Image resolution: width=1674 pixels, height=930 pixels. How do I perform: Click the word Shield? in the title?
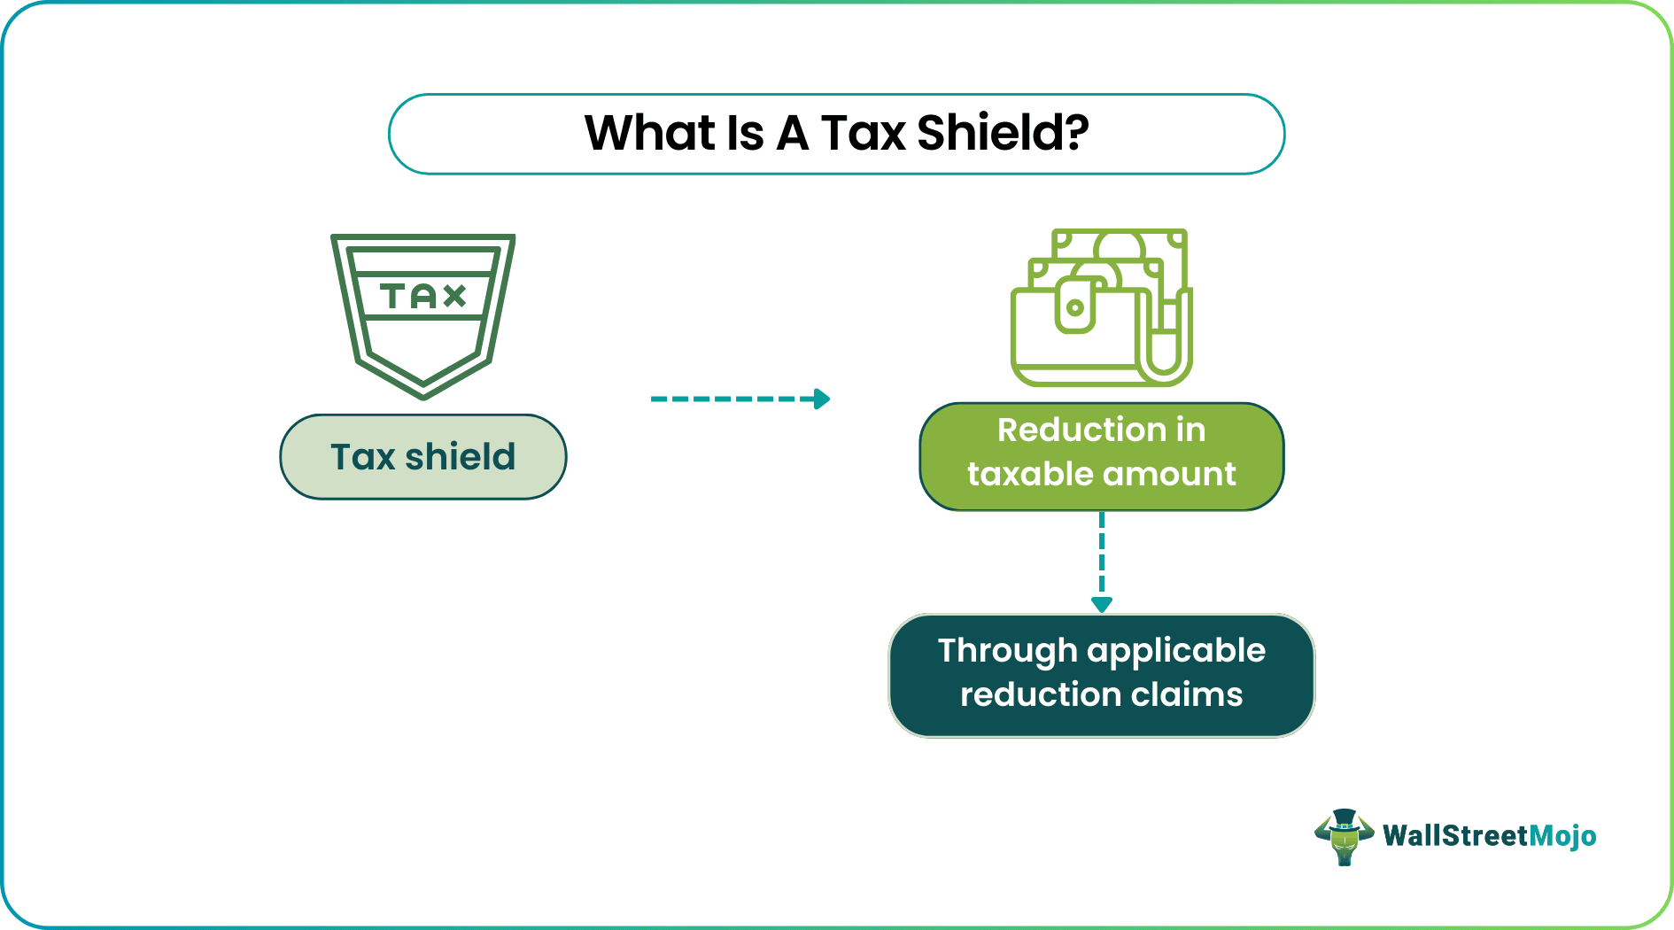1002,134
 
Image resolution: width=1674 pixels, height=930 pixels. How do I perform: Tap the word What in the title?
649,134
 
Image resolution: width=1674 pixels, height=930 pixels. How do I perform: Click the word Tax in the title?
863,134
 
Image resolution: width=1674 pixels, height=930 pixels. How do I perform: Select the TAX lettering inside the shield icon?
423,296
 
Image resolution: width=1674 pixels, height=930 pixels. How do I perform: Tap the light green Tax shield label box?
423,457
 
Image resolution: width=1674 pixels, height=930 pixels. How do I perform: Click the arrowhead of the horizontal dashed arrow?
822,399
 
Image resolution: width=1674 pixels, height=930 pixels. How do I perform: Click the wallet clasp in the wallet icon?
1075,307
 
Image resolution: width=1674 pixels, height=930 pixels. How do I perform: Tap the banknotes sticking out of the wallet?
1120,248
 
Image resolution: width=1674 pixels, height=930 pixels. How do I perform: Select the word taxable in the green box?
1018,475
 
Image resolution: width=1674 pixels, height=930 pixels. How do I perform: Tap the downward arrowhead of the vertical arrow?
1102,605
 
